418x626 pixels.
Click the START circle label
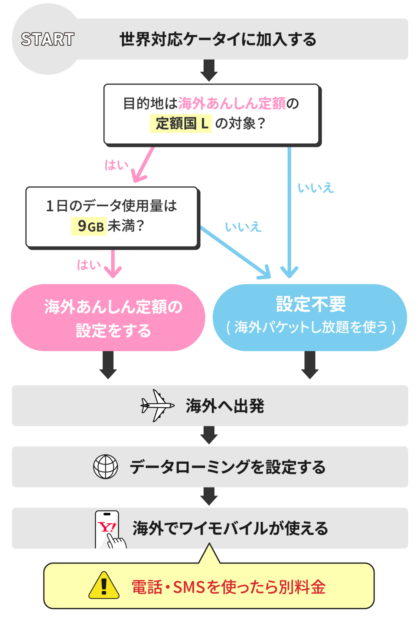[47, 39]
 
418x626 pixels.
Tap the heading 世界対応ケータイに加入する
[218, 39]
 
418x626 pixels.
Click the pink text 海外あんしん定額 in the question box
[232, 103]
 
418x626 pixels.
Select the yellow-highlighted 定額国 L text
[181, 123]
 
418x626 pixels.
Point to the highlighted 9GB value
[90, 226]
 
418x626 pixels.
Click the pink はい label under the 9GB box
[89, 264]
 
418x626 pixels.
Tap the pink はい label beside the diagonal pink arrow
[116, 165]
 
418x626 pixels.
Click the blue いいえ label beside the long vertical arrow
[315, 187]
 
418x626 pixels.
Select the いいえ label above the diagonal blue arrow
[243, 226]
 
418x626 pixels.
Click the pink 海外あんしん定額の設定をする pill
[108, 318]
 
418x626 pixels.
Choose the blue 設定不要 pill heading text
[310, 304]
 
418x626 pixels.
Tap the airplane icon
[157, 406]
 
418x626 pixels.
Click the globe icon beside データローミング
[106, 467]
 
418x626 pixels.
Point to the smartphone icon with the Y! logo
[109, 529]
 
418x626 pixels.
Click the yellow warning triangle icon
[104, 585]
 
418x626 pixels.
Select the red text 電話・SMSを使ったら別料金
[228, 587]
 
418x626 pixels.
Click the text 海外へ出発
[225, 406]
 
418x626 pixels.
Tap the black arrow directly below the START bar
[209, 70]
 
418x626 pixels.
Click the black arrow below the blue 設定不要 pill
[310, 365]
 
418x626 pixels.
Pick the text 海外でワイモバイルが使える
[230, 528]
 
